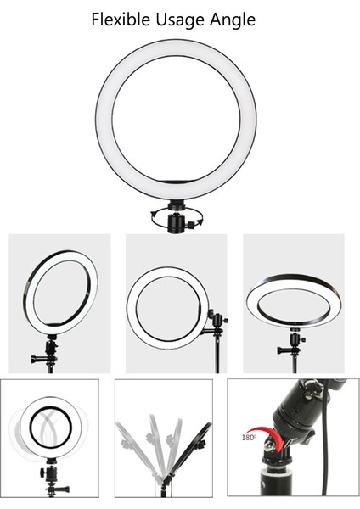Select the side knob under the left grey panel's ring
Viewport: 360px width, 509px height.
(x=39, y=357)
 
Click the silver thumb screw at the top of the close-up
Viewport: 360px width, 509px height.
(x=314, y=389)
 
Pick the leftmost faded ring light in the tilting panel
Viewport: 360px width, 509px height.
(x=133, y=441)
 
